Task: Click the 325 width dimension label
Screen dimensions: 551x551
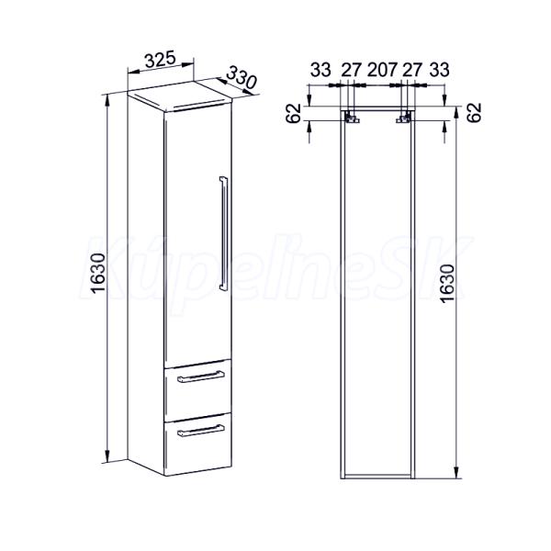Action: pyautogui.click(x=160, y=60)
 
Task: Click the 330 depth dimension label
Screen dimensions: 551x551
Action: pyautogui.click(x=242, y=78)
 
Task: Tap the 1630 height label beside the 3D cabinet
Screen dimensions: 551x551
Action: pyautogui.click(x=97, y=273)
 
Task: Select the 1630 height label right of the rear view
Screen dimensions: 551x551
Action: pyautogui.click(x=448, y=284)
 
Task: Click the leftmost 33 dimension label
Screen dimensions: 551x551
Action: pyautogui.click(x=320, y=70)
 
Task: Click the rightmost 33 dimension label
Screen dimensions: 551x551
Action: pyautogui.click(x=439, y=70)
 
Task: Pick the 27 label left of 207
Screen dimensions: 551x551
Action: pyautogui.click(x=352, y=70)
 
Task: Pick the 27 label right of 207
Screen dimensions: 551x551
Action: pyautogui.click(x=411, y=70)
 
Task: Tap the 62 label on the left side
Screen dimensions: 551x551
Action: pyautogui.click(x=294, y=113)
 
